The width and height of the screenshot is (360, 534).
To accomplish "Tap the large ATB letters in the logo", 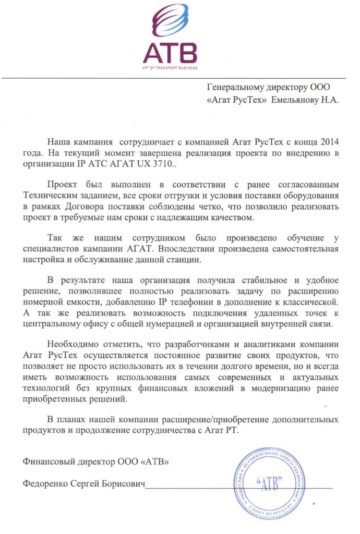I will pyautogui.click(x=171, y=53).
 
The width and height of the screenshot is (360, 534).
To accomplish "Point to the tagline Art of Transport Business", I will pyautogui.click(x=171, y=67).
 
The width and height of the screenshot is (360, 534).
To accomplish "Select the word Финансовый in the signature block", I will pyautogui.click(x=52, y=462).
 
